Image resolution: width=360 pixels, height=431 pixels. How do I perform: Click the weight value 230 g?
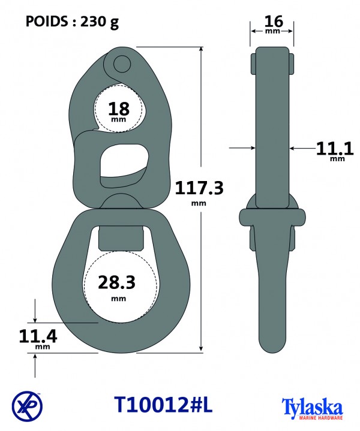click(100, 22)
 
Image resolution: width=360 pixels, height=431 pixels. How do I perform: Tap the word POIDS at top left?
click(47, 21)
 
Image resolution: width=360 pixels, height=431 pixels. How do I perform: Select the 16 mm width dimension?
click(274, 24)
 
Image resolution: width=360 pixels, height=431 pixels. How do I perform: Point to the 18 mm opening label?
click(119, 111)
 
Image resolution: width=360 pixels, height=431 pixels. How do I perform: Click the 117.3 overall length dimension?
click(199, 192)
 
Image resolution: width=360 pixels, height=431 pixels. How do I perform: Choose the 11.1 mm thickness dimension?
click(335, 151)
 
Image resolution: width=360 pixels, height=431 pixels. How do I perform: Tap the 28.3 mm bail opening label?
click(117, 287)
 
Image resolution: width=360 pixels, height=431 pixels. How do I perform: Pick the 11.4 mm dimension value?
click(38, 339)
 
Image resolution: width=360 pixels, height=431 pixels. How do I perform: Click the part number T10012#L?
click(163, 405)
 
